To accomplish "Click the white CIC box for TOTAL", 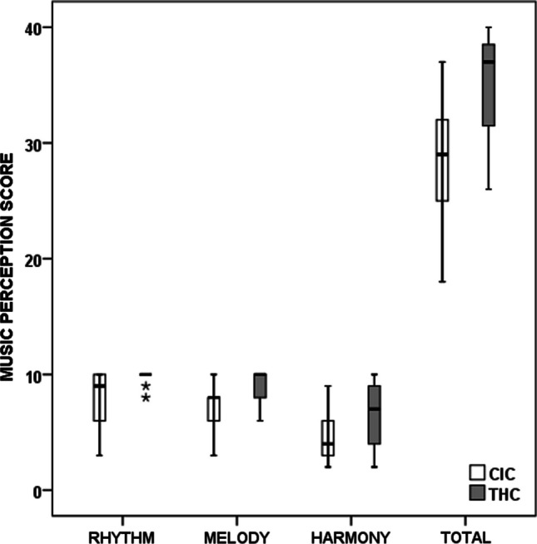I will point(442,161).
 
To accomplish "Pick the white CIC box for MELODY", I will point(214,409).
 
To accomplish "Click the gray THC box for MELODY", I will point(260,386).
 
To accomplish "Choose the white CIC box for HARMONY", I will point(328,438).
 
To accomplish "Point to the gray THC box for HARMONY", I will point(374,414).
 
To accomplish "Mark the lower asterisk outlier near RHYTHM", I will point(146,398).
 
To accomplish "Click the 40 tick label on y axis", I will point(33,27).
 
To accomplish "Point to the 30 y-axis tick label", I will point(33,143).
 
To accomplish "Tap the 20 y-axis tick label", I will point(33,259).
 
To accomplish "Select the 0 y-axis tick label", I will point(38,491).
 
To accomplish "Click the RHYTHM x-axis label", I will point(122,532).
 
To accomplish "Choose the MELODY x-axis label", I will point(236,532).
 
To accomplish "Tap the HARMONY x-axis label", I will point(351,532).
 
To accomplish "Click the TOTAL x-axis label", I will point(465,532).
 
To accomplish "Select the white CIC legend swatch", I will point(478,472).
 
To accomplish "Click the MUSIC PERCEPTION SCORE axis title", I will point(9,266).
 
